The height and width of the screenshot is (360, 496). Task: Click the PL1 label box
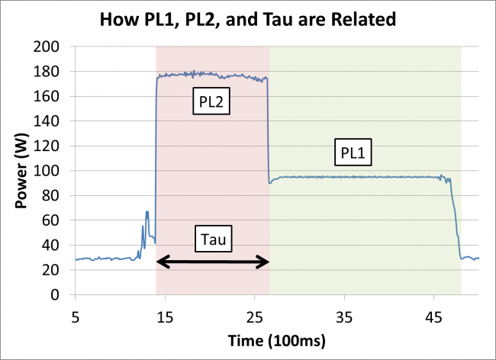tap(353, 154)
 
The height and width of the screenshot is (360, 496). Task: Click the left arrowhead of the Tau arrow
tap(161, 262)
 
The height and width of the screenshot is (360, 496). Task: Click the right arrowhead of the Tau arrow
tap(264, 262)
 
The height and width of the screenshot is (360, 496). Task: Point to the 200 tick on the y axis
tap(54, 47)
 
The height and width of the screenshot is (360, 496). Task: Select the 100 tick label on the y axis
tap(54, 172)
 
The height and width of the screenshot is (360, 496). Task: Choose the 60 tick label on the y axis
tap(57, 221)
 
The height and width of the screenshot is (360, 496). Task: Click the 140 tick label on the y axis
tap(54, 122)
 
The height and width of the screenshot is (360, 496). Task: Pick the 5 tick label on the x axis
tap(75, 314)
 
